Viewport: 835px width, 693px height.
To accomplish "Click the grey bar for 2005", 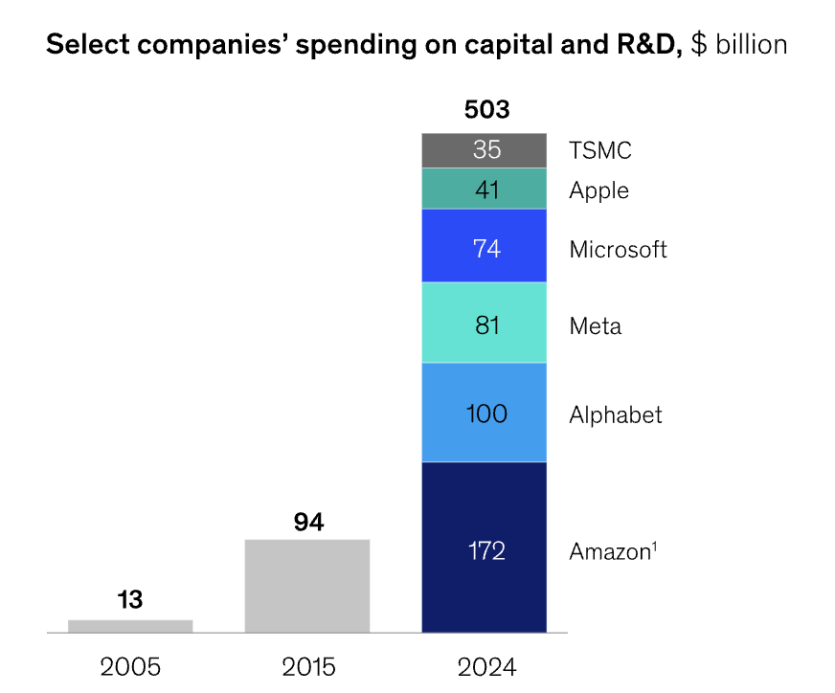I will point(130,626).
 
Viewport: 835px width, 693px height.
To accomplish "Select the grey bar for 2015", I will point(307,586).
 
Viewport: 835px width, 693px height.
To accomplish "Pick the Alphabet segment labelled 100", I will point(485,413).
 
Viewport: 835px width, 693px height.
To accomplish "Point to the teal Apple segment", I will point(485,189).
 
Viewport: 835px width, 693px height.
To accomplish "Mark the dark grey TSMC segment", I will point(485,151).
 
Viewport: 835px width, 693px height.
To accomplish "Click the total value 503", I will point(486,110).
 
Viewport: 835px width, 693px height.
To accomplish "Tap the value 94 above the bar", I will point(308,523).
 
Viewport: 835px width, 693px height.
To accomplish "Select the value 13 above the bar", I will point(130,601).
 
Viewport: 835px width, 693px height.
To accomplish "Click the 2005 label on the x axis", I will point(130,666).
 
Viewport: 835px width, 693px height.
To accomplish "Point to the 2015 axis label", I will point(308,666).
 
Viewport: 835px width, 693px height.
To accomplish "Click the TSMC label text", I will point(600,150).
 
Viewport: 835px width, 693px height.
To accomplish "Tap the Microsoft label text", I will point(618,250).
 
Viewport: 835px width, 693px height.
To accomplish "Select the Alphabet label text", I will point(616,414).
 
